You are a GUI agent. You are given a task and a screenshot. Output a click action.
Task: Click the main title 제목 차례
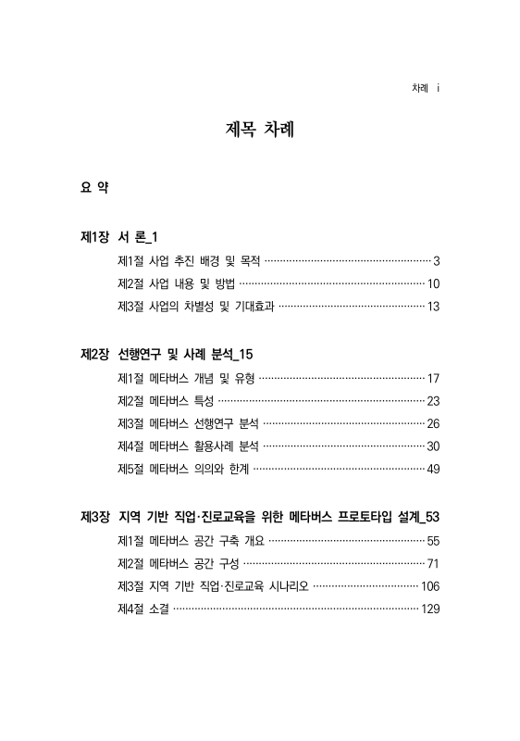pyautogui.click(x=259, y=130)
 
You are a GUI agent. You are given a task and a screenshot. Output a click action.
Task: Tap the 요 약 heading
pyautogui.click(x=95, y=189)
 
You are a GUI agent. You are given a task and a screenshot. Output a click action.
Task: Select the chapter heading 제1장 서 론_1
pyautogui.click(x=122, y=238)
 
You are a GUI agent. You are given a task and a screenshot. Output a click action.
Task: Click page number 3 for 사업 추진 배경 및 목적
pyautogui.click(x=435, y=260)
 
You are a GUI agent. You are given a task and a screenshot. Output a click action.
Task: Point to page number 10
pyautogui.click(x=432, y=283)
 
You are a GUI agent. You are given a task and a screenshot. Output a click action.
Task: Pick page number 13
pyautogui.click(x=432, y=307)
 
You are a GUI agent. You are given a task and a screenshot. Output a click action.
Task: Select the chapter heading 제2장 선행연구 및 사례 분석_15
pyautogui.click(x=167, y=354)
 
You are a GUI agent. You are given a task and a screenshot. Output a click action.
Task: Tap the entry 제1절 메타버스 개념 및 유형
pyautogui.click(x=187, y=377)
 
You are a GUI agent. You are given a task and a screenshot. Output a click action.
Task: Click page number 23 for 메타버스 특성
pyautogui.click(x=432, y=400)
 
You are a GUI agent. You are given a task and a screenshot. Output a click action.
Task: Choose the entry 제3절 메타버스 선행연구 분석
pyautogui.click(x=189, y=423)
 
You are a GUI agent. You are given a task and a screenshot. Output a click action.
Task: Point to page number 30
pyautogui.click(x=432, y=446)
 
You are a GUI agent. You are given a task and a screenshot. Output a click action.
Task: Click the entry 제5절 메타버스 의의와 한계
pyautogui.click(x=183, y=470)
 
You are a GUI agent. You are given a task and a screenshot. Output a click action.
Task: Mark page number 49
pyautogui.click(x=432, y=470)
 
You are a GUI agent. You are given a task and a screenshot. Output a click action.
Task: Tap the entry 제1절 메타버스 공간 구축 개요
pyautogui.click(x=192, y=540)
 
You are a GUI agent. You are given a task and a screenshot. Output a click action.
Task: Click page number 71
pyautogui.click(x=432, y=563)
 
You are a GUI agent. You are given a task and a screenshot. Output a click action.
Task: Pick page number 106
pyautogui.click(x=429, y=586)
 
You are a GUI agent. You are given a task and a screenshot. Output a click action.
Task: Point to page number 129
pyautogui.click(x=429, y=609)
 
